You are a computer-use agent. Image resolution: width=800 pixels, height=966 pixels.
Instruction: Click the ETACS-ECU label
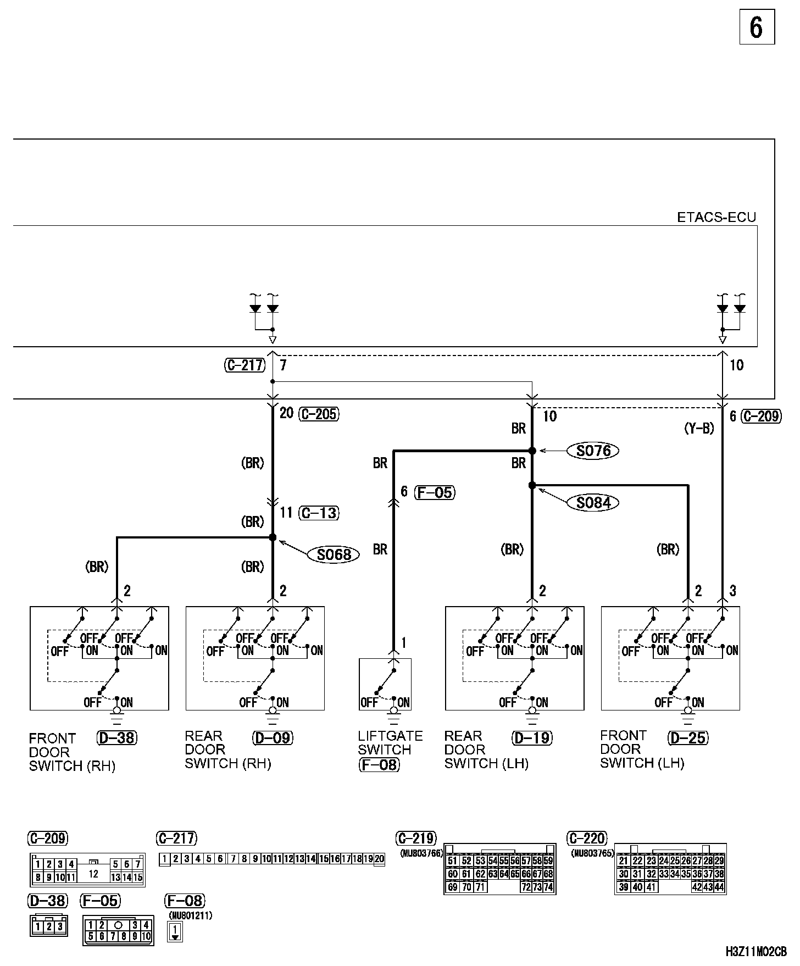click(716, 218)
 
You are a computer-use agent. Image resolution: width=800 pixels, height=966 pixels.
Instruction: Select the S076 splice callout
click(593, 451)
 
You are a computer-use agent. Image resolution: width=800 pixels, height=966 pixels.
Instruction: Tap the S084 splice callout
click(593, 502)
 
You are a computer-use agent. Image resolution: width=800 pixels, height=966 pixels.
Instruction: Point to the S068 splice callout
click(334, 554)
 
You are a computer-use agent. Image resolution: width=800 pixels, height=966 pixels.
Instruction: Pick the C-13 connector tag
click(319, 513)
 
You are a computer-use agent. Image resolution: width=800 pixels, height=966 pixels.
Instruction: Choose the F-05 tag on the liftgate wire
click(435, 492)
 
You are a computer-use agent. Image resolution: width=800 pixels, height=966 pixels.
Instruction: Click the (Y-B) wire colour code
click(699, 429)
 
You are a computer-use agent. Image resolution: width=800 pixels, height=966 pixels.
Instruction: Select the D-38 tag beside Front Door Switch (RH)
click(116, 738)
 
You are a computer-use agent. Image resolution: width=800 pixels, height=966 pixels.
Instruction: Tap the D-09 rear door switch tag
click(273, 738)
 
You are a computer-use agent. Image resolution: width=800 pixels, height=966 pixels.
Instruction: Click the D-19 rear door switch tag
click(532, 738)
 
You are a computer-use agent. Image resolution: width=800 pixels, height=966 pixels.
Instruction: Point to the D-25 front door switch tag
click(688, 738)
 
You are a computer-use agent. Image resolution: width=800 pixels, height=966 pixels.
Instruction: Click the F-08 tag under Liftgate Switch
click(379, 764)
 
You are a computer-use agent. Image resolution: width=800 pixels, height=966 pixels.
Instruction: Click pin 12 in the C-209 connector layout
click(93, 873)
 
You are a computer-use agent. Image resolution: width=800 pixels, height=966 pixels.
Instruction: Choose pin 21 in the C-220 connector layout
click(623, 861)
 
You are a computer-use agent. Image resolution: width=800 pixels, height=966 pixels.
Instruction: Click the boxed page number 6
click(757, 27)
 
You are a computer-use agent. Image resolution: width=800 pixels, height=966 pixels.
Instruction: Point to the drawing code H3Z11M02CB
click(756, 952)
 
